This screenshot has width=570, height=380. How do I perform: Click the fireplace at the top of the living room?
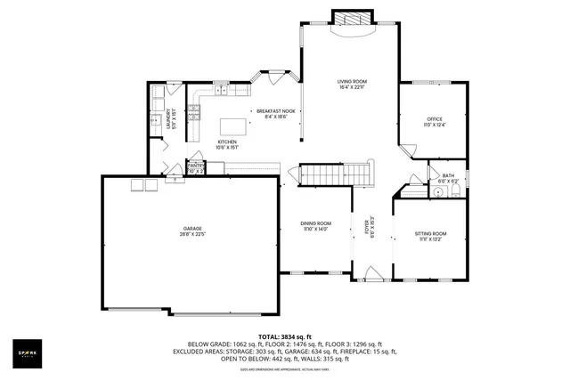347,19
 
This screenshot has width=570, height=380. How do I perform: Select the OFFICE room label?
434,118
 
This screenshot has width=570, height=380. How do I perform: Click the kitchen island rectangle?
234,125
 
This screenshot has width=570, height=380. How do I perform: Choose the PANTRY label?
196,165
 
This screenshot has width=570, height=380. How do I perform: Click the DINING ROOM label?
315,223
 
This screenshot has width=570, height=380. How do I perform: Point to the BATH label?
448,175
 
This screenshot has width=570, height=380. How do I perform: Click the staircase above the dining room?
334,172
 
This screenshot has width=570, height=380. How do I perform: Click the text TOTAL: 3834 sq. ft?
284,336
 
